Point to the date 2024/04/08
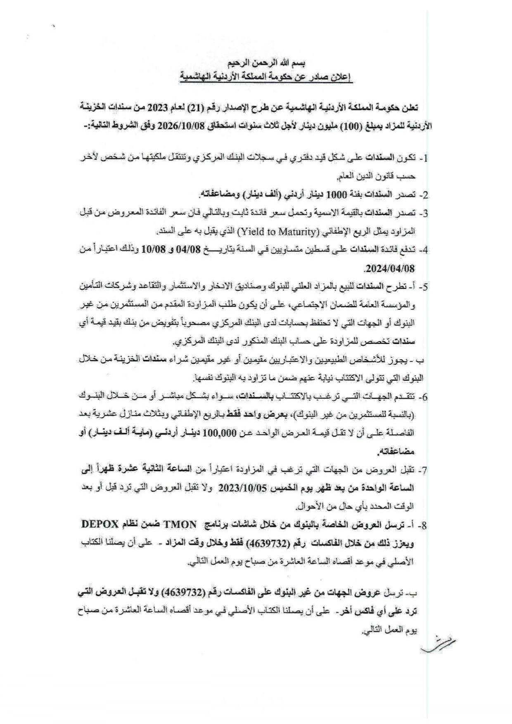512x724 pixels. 389,268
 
